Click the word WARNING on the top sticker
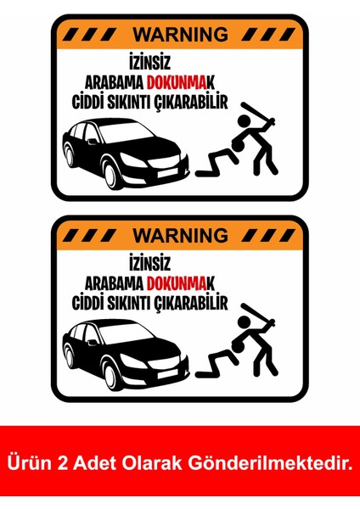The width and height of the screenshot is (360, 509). click(180, 35)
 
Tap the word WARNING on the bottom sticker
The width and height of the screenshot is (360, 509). click(181, 233)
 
